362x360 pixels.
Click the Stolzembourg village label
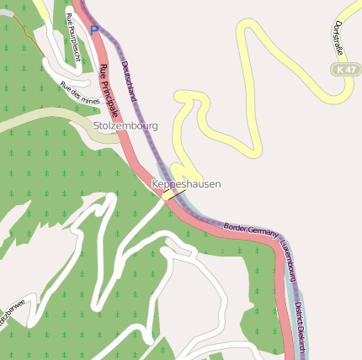click(x=125, y=126)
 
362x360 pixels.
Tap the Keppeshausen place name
click(x=186, y=183)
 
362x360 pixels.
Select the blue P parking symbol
click(x=94, y=29)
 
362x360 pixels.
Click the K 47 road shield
click(x=345, y=71)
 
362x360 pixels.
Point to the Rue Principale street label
click(x=109, y=90)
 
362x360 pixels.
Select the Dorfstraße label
click(x=338, y=38)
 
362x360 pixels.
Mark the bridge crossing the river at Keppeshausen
click(x=174, y=193)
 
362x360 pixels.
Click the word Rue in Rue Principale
click(x=103, y=71)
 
